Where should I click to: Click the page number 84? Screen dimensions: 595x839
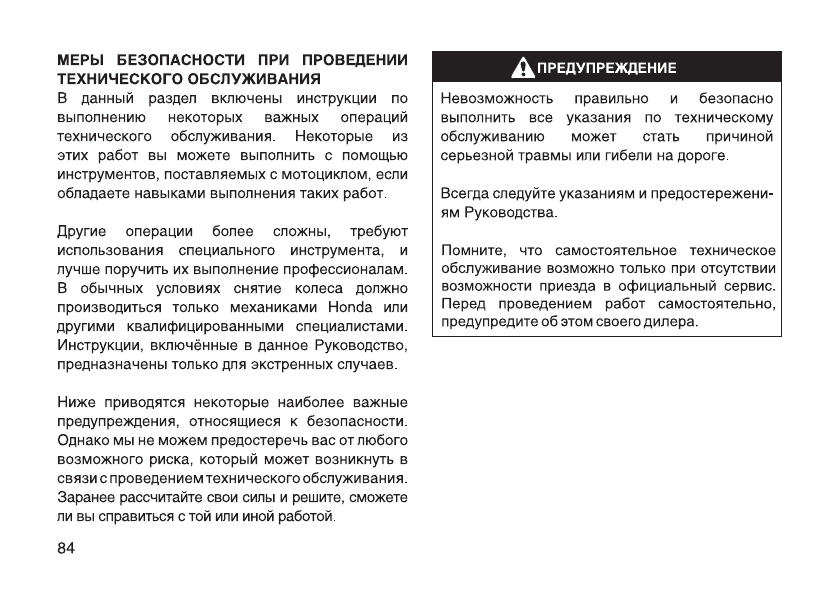pos(67,547)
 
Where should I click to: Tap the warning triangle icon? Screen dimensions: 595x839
pos(524,68)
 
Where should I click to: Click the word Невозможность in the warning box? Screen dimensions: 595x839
pos(490,99)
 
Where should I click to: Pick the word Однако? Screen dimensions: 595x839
pos(85,441)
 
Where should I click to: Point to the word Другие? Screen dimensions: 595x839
pos(84,230)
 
